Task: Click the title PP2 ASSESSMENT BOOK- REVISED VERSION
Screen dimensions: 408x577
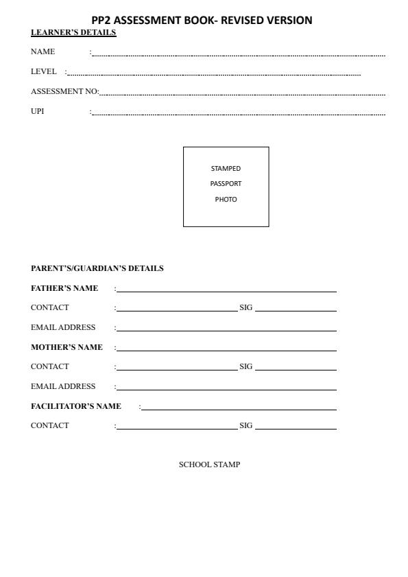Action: pos(202,21)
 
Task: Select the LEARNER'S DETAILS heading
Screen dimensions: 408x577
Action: pos(73,33)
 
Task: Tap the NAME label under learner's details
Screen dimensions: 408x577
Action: pos(43,51)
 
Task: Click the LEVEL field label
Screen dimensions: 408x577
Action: pos(43,71)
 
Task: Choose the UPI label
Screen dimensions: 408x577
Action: pos(37,111)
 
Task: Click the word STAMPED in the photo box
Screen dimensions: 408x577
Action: pos(226,168)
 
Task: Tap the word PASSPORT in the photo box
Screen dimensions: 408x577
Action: pos(226,184)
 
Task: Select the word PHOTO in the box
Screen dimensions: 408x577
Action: pos(226,200)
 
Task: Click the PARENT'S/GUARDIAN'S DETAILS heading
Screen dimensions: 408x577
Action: pos(97,268)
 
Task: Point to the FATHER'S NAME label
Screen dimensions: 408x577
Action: pos(64,288)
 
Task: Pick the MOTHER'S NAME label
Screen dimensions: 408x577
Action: pos(67,347)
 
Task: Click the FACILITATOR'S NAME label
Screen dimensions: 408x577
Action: pos(76,406)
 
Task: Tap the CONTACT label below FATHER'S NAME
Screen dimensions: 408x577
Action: pos(50,307)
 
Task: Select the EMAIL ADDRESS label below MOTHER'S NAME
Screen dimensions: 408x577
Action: pos(63,386)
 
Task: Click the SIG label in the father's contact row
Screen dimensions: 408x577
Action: pos(245,307)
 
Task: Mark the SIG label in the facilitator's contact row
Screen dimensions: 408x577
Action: pos(245,425)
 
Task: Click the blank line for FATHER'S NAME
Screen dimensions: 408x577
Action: pos(226,290)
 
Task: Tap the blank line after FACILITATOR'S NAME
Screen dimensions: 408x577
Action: pos(238,408)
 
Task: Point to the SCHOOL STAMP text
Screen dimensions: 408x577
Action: pos(209,465)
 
